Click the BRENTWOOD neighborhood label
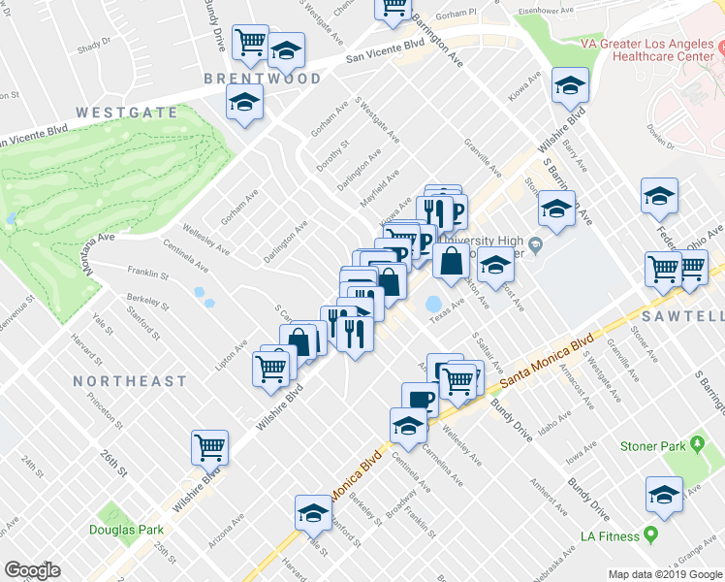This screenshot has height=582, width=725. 262,78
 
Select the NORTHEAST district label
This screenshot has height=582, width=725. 129,381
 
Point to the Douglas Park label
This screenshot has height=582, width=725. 126,530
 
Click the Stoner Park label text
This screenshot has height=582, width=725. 652,446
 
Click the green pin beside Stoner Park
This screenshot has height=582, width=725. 696,446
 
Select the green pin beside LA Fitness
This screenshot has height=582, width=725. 651,535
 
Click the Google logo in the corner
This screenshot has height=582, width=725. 33,569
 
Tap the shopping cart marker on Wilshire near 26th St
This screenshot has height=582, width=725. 209,447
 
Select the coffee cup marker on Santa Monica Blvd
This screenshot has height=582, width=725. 421,399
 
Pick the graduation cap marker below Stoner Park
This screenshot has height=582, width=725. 664,495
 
